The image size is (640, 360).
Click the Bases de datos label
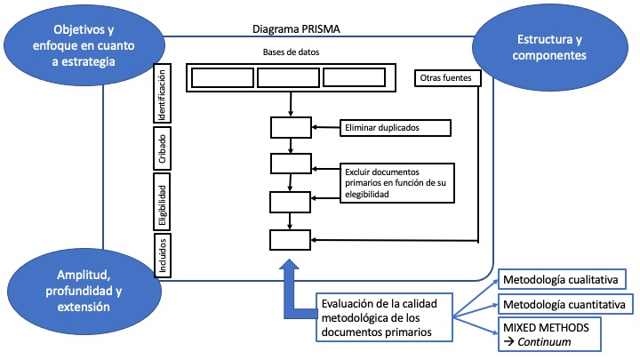pyautogui.click(x=292, y=52)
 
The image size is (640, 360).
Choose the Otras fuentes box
pyautogui.click(x=449, y=78)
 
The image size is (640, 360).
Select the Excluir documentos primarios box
pyautogui.click(x=396, y=182)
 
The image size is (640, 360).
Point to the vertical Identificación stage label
pyautogui.click(x=161, y=95)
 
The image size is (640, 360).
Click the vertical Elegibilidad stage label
pyautogui.click(x=161, y=201)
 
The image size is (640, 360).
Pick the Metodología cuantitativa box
pyautogui.click(x=562, y=305)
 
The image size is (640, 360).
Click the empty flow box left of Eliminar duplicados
pyautogui.click(x=291, y=128)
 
